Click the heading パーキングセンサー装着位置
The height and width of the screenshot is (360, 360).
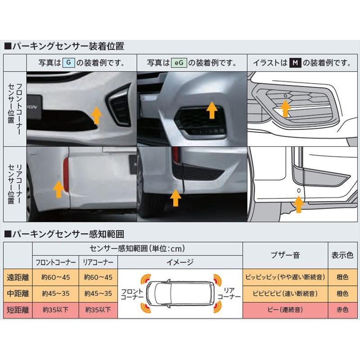67,46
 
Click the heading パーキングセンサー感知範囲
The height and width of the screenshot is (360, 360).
67,234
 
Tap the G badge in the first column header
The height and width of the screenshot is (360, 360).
68,63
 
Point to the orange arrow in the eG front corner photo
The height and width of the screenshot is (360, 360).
212,110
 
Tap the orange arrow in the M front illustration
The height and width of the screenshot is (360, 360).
284,108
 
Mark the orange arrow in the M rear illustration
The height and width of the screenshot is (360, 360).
298,204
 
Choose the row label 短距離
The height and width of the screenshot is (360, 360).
18,310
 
